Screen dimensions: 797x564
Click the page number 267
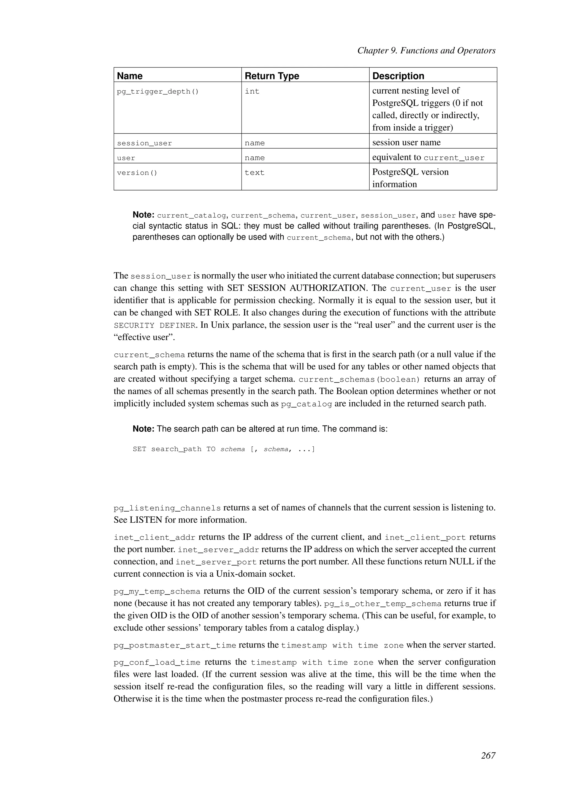[x=488, y=755]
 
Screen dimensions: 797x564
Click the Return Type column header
[x=272, y=76]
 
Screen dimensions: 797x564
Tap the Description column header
[x=398, y=76]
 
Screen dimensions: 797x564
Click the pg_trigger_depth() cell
[x=158, y=92]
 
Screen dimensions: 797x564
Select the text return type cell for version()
[x=254, y=173]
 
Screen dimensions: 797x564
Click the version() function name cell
[x=137, y=173]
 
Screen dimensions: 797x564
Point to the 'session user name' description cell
[x=406, y=143]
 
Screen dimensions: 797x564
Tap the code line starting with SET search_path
[x=224, y=449]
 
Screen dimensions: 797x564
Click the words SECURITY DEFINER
[x=154, y=326]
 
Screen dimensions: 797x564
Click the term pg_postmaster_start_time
[x=175, y=646]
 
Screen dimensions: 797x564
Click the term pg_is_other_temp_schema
[x=382, y=604]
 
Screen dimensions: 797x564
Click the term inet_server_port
[x=216, y=562]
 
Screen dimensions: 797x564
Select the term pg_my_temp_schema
[x=157, y=591]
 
